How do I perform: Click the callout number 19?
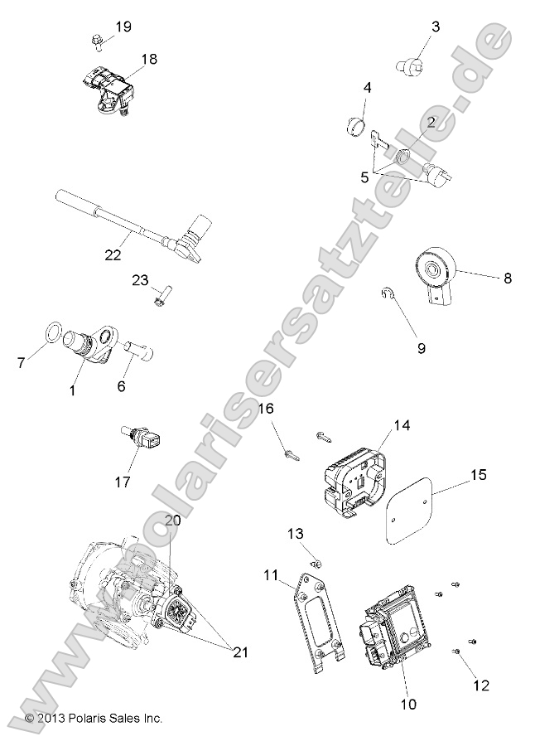click(x=123, y=27)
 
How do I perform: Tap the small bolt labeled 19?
click(x=96, y=39)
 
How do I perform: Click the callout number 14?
click(x=402, y=425)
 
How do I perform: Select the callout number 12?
click(x=481, y=685)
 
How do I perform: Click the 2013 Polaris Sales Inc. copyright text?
click(x=94, y=718)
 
